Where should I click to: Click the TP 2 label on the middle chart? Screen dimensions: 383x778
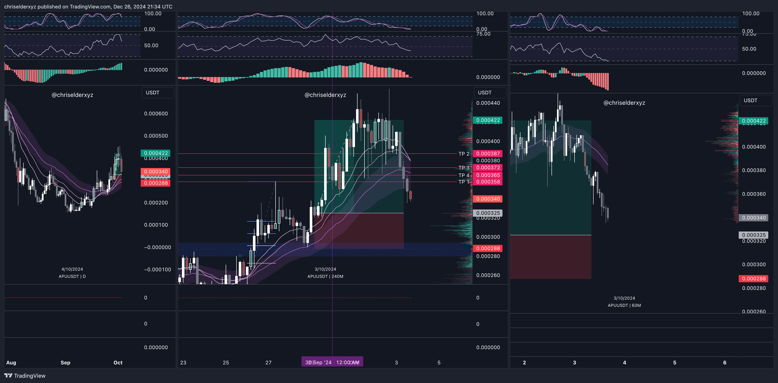(x=464, y=154)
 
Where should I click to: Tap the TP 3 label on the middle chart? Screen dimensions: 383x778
(x=464, y=168)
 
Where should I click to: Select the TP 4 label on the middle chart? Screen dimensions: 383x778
(x=464, y=175)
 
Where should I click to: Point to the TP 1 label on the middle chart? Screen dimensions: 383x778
(x=464, y=182)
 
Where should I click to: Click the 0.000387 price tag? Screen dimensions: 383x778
(x=488, y=154)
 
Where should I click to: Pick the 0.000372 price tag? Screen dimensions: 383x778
(x=488, y=168)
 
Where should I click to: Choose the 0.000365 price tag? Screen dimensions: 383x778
(x=488, y=175)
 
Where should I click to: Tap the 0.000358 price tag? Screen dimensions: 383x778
(x=488, y=182)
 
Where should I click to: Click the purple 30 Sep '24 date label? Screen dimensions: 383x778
(x=332, y=362)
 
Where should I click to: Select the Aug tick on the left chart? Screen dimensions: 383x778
(x=11, y=362)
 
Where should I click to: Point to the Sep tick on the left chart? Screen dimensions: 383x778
(x=65, y=362)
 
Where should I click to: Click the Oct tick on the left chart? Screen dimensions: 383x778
(x=118, y=362)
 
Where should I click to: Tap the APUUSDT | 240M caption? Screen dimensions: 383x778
(x=325, y=276)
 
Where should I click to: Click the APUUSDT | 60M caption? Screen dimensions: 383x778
(x=624, y=305)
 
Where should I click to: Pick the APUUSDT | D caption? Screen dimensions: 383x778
(x=72, y=276)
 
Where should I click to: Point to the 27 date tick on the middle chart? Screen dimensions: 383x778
(x=268, y=362)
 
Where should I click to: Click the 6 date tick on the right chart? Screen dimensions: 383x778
(x=724, y=362)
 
